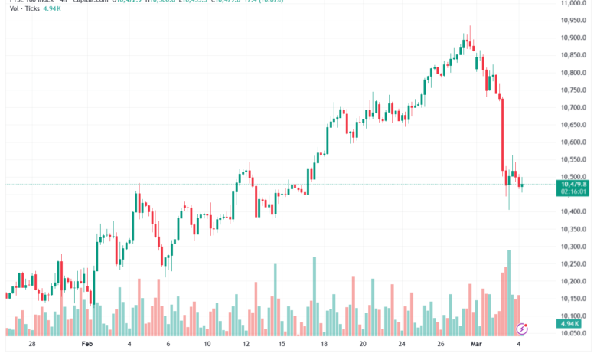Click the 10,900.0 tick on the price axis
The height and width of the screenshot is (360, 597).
[x=573, y=38]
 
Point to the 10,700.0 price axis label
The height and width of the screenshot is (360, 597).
[x=573, y=107]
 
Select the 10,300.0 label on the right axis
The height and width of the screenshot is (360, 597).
[x=573, y=247]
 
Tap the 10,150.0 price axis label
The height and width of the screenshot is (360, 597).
[x=573, y=299]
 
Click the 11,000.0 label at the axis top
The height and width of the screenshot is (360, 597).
[x=573, y=4]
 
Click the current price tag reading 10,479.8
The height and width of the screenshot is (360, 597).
[x=573, y=185]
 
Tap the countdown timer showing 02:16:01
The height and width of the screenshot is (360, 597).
[x=573, y=193]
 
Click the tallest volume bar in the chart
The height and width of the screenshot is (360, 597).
[x=508, y=293]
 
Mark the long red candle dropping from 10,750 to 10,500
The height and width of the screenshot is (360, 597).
[x=502, y=134]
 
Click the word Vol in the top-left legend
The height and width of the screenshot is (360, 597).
[x=15, y=13]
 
